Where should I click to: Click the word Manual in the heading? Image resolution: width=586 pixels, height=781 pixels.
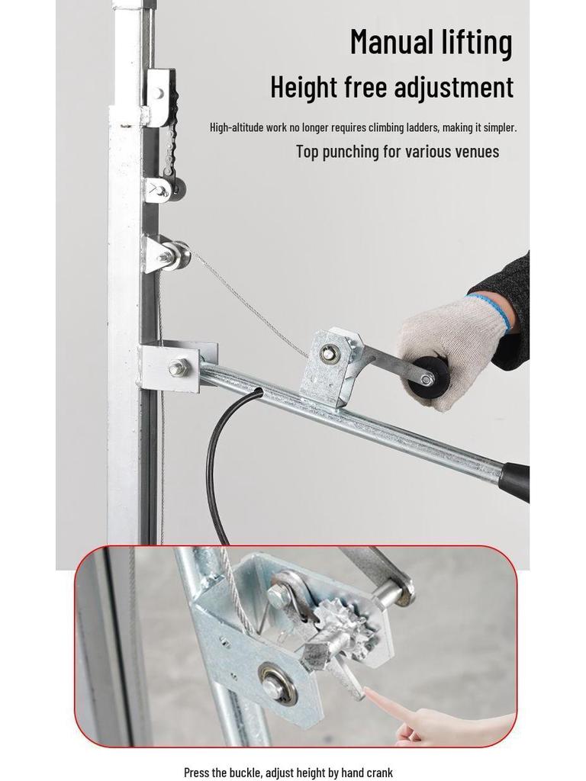tap(391, 42)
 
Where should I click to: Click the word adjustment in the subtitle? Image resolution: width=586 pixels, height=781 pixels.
tap(454, 88)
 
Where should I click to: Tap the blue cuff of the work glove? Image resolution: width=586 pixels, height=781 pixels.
tap(488, 310)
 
